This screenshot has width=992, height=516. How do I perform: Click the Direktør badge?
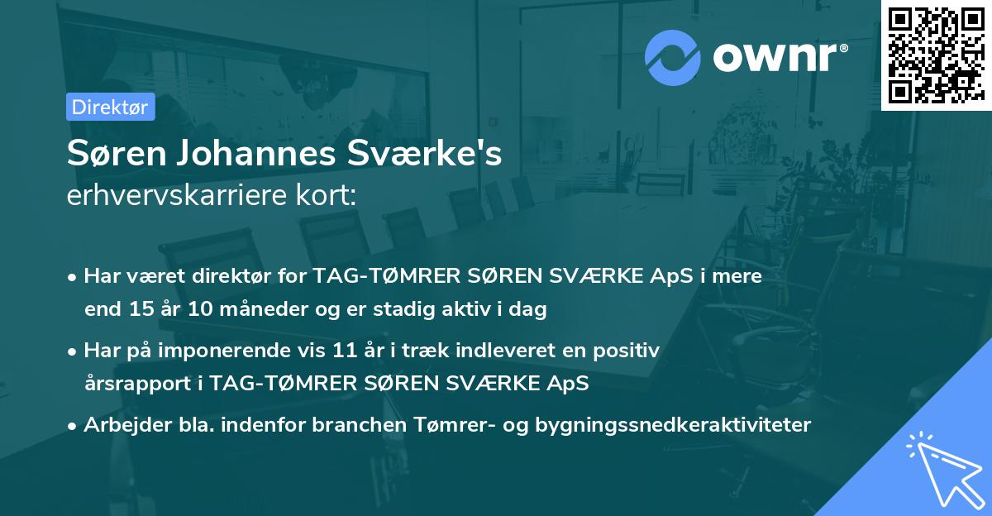[110, 107]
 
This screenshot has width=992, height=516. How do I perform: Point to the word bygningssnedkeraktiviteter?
[673, 425]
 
